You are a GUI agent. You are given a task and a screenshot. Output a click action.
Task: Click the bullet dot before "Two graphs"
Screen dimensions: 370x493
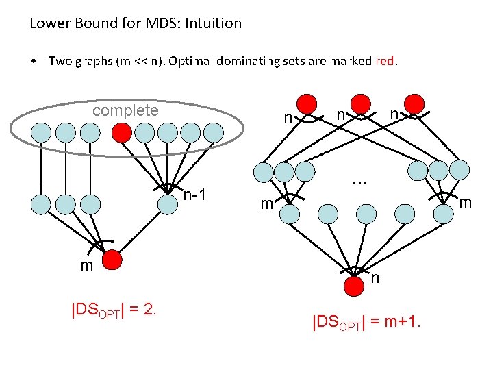[34, 61]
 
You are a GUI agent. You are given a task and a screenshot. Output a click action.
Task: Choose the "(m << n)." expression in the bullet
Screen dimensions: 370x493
[137, 61]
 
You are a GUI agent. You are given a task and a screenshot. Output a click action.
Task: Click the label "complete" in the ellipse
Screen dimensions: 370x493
[125, 110]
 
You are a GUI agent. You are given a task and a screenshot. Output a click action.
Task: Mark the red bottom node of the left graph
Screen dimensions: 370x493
[113, 260]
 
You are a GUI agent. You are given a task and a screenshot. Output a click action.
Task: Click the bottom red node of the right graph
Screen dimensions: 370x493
[354, 286]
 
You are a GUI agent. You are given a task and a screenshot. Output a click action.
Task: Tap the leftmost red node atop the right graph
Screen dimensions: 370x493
[308, 105]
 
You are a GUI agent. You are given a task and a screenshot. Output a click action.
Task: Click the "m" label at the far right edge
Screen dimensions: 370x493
[465, 203]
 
